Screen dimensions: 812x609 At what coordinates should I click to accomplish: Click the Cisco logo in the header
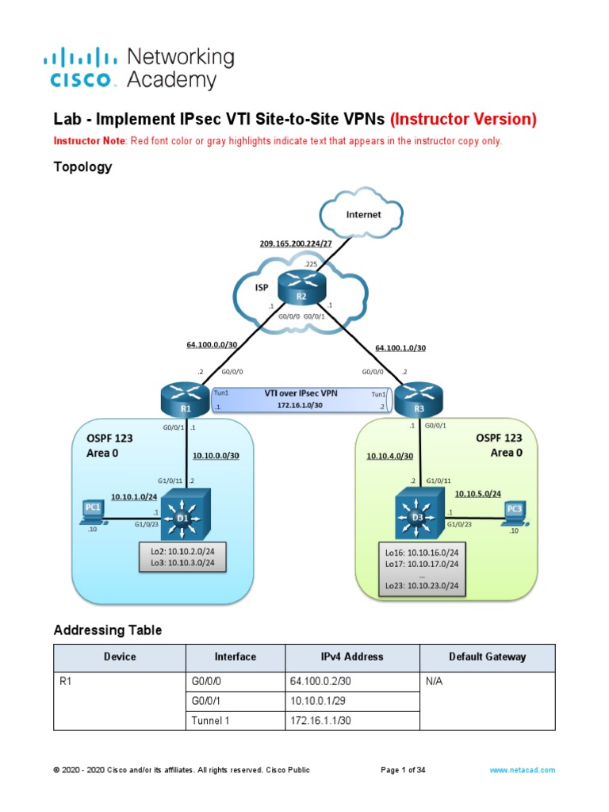click(83, 68)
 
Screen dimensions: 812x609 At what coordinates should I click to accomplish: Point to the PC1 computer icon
click(93, 511)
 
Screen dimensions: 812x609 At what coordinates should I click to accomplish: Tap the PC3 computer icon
click(515, 511)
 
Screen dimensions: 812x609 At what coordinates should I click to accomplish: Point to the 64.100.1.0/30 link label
click(400, 347)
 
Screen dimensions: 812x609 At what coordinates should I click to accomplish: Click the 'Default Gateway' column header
click(487, 657)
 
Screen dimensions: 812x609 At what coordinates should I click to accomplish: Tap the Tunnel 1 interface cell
click(235, 720)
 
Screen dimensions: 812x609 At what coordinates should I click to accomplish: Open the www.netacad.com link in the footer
click(522, 770)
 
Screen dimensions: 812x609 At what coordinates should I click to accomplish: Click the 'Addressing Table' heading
click(107, 630)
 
